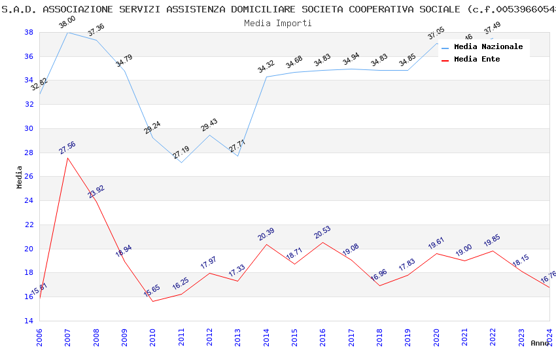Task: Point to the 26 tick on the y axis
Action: pyautogui.click(x=29, y=176)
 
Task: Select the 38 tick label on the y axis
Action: pyautogui.click(x=29, y=32)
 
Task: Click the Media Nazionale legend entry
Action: pyautogui.click(x=488, y=47)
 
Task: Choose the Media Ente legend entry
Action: pyautogui.click(x=476, y=60)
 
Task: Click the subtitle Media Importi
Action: pyautogui.click(x=278, y=23)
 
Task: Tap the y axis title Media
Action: pyautogui.click(x=20, y=177)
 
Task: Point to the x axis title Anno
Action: pyautogui.click(x=540, y=343)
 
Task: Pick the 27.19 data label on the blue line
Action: pyautogui.click(x=181, y=153)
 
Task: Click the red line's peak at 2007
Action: pyautogui.click(x=67, y=158)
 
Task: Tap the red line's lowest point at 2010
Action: pyautogui.click(x=152, y=301)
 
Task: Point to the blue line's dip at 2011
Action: pyautogui.click(x=181, y=162)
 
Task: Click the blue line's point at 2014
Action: pyautogui.click(x=266, y=77)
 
